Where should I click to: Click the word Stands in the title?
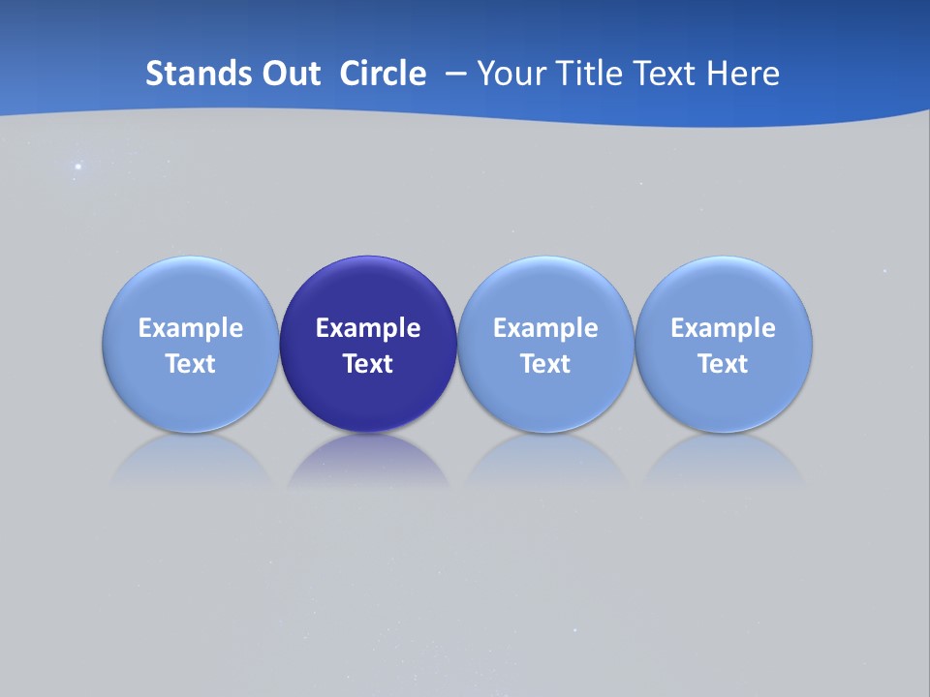pos(183,74)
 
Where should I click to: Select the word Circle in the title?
pos(383,74)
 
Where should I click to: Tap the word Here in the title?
pos(742,74)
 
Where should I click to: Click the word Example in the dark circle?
pos(368,328)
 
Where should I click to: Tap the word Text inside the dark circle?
pos(368,364)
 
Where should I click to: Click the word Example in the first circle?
pos(190,328)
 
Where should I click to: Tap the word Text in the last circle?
pos(724,364)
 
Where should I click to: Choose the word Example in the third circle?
pos(545,328)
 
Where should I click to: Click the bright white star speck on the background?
pos(78,167)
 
